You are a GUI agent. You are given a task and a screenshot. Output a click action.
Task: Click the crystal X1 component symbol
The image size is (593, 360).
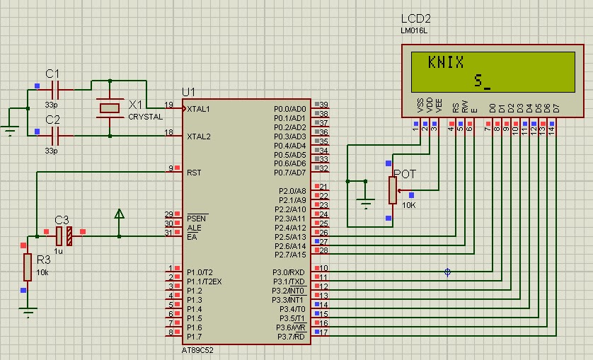point(110,108)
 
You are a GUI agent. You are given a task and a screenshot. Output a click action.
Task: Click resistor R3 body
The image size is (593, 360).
point(27,267)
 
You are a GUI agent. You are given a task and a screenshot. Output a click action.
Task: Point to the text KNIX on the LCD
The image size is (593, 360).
point(446,62)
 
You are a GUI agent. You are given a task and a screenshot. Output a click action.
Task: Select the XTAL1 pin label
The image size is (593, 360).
point(199,109)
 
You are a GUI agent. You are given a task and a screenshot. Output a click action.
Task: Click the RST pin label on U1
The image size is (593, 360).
point(195,173)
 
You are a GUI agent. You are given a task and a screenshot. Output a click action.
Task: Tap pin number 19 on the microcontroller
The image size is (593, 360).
point(169,105)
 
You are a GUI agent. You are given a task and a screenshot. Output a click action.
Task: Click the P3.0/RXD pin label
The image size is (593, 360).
point(289,272)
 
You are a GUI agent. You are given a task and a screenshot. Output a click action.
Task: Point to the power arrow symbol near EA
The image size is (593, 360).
point(119,213)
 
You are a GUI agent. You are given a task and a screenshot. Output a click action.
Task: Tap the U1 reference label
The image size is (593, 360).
point(188,92)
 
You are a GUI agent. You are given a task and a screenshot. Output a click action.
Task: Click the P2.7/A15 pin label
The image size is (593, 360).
point(290,255)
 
